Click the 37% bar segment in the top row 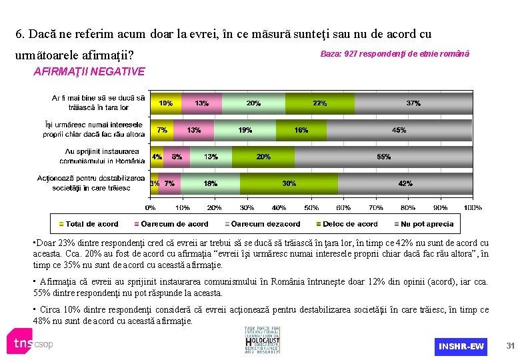click(x=413, y=103)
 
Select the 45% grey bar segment click(x=399, y=130)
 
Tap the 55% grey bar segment click(x=383, y=157)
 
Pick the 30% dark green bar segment click(x=289, y=183)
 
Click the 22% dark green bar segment click(x=319, y=103)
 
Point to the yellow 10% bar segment click(x=165, y=103)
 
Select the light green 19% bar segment click(x=245, y=130)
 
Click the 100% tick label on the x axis click(x=472, y=208)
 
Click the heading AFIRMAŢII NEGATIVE click(x=89, y=71)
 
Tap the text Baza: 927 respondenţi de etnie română click(x=395, y=53)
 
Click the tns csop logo click(x=30, y=342)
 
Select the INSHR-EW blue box click(x=461, y=346)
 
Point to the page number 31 click(x=511, y=345)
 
